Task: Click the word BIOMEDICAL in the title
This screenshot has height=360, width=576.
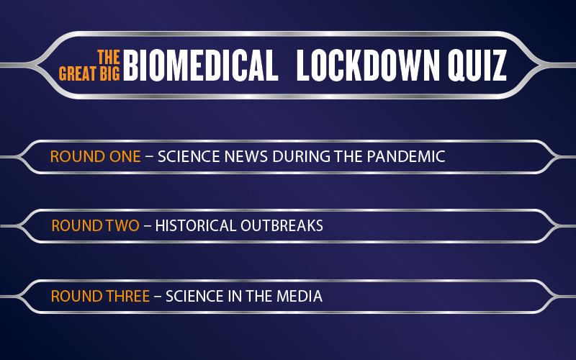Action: pos(201,65)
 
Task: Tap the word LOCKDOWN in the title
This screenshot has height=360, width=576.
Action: pos(368,65)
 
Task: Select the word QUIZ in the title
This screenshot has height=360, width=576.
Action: pos(477,66)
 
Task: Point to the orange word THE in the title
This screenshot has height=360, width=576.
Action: pos(109,57)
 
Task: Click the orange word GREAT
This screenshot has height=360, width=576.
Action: pos(78,73)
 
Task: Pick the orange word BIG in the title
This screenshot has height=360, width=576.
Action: pos(110,73)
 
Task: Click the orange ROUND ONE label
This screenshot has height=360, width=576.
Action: pos(96,156)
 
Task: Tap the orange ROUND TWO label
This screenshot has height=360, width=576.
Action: pos(96,225)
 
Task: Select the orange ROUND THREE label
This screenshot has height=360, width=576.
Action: pos(100,296)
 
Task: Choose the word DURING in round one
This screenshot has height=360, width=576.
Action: pos(301,156)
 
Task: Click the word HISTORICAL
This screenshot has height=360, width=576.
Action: pos(195,225)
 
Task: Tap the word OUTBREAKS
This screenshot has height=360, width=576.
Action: pos(282,225)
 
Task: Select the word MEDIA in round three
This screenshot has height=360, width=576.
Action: pos(300,296)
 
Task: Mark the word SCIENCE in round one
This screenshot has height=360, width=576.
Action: pos(189,156)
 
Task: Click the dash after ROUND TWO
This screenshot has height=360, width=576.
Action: pos(148,226)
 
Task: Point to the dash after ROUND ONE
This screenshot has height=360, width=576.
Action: pos(149,157)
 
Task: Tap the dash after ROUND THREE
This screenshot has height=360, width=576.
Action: pos(158,297)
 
